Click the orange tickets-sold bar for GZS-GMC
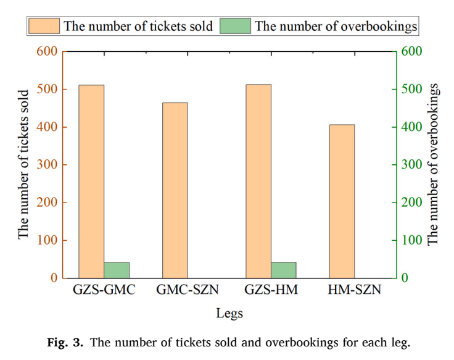(91, 182)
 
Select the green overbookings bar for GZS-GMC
(117, 270)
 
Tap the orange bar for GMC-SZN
(175, 190)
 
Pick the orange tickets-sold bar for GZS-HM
(258, 181)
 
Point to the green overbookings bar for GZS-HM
(284, 270)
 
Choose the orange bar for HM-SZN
(342, 201)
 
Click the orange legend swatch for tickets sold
(44, 26)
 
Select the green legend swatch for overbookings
(235, 26)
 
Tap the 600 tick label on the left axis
(47, 51)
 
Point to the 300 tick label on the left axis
(47, 165)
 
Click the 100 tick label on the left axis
(47, 240)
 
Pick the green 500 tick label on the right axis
(411, 89)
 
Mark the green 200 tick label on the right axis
(411, 203)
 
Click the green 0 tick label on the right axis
(405, 278)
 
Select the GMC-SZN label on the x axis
(188, 290)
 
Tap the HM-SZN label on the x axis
(355, 290)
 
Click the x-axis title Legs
(229, 314)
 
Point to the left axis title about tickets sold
(23, 165)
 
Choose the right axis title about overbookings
(433, 165)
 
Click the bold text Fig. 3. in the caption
(65, 343)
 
